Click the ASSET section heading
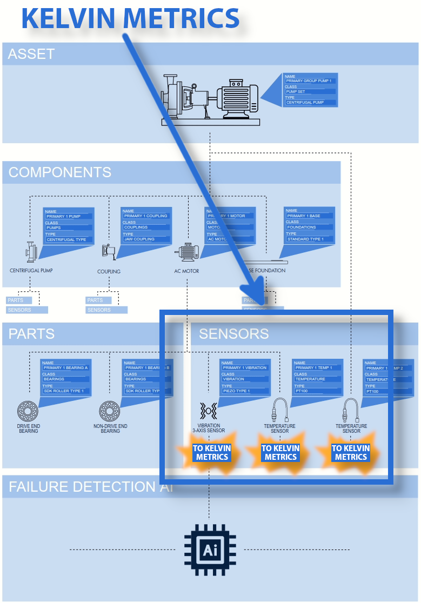click(31, 54)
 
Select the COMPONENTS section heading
click(59, 172)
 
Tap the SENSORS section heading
click(233, 334)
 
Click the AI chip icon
click(210, 550)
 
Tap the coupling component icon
click(108, 251)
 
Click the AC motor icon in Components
click(187, 251)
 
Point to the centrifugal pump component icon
click(31, 251)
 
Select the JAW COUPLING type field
click(146, 239)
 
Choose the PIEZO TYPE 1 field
click(245, 391)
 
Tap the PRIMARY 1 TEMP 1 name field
click(317, 367)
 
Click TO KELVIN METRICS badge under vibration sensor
click(212, 453)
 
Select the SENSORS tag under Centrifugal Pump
click(27, 310)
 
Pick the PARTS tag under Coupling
click(98, 300)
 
